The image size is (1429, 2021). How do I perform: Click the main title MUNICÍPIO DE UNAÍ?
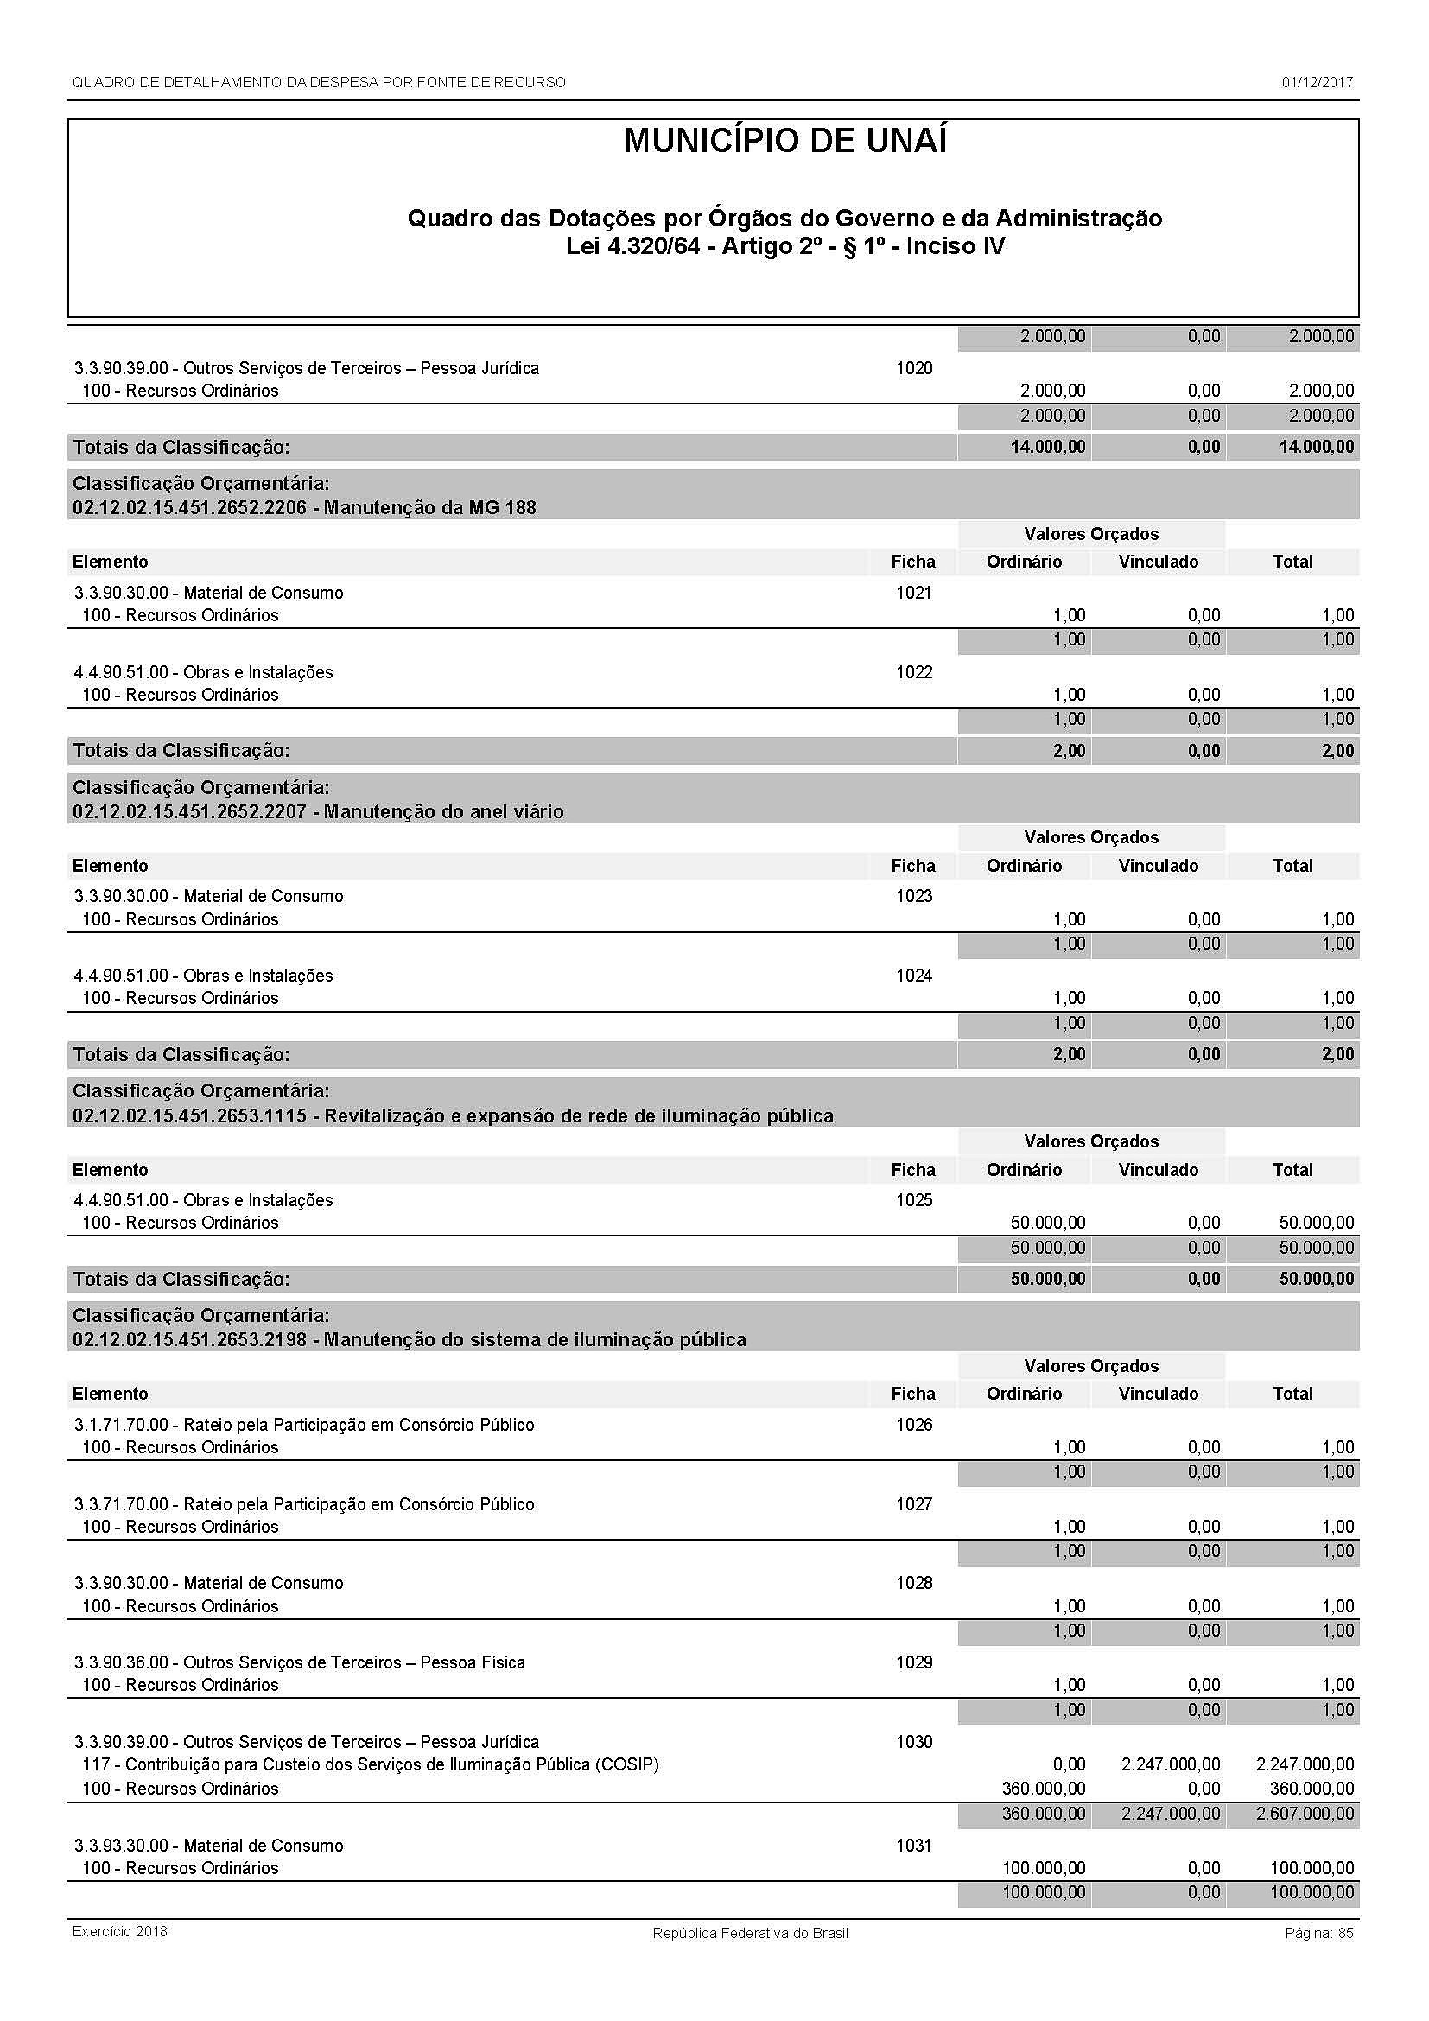click(x=784, y=142)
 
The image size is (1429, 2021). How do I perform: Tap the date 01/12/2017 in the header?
click(x=1317, y=83)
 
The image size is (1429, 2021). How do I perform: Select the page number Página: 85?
click(x=1318, y=1933)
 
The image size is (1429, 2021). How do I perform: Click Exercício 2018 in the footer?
click(x=120, y=1931)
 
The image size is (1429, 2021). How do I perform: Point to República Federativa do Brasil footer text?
click(x=750, y=1933)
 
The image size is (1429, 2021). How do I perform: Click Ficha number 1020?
click(x=913, y=368)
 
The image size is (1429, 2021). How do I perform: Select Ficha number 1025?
click(x=913, y=1200)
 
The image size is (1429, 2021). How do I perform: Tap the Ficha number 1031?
click(x=913, y=1846)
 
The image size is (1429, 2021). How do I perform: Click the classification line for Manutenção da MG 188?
click(x=303, y=508)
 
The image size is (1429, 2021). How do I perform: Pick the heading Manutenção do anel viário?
click(x=318, y=811)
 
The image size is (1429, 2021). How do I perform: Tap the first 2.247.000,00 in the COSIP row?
click(x=1171, y=1764)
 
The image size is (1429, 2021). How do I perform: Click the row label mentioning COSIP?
click(x=370, y=1764)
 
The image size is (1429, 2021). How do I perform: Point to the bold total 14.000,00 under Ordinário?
click(x=1047, y=448)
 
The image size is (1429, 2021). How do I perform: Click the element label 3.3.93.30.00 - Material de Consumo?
click(x=208, y=1846)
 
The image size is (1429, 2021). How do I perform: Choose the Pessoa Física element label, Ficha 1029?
click(x=299, y=1662)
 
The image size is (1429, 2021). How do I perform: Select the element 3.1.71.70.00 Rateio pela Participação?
click(x=303, y=1424)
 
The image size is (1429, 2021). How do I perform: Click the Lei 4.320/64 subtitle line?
click(x=784, y=246)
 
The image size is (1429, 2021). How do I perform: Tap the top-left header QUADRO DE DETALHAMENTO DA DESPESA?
click(x=319, y=83)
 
